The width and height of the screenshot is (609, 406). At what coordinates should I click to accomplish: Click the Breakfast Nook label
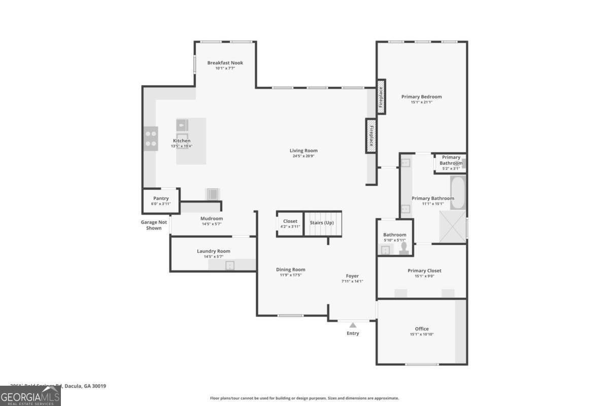pos(225,63)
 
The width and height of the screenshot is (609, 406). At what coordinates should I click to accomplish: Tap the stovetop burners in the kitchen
pos(151,139)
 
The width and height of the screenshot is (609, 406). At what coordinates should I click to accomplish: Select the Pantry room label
pos(161,198)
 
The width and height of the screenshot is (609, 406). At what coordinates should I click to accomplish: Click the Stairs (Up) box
pos(322,224)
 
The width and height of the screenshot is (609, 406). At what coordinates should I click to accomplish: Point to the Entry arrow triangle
pos(353,325)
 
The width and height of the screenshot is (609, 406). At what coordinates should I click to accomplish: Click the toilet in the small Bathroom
pos(404,248)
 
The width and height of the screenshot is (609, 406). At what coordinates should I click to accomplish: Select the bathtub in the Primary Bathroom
pos(458,192)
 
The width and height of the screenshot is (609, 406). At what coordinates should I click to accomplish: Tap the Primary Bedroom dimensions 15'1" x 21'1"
pos(421,102)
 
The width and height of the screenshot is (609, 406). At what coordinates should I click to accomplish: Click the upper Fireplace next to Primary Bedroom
pos(381,96)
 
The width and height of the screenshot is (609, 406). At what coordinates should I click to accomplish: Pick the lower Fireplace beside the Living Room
pos(371,136)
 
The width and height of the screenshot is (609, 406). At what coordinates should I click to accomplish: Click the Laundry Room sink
pos(230,265)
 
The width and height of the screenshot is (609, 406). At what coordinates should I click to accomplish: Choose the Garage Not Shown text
pos(154,225)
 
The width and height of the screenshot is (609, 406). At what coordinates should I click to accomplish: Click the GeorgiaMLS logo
pos(30,396)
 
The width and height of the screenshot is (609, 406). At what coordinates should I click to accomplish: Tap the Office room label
pos(422,329)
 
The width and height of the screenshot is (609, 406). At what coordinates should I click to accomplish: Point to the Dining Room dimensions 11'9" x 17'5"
pos(291,275)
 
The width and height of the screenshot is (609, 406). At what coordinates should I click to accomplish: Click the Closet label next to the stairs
pos(290,221)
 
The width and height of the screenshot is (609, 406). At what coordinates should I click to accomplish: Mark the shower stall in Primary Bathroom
pos(453,225)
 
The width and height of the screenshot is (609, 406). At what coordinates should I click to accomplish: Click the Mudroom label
pos(211,219)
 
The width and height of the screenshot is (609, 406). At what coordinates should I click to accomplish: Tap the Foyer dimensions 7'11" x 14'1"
pos(352,281)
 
